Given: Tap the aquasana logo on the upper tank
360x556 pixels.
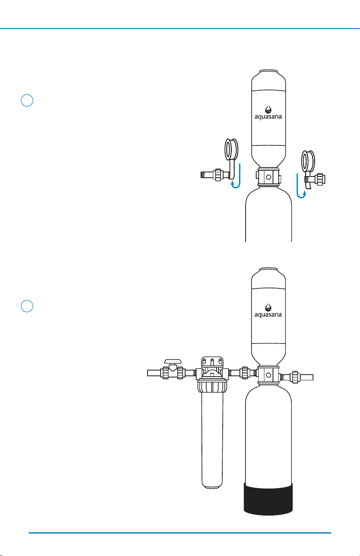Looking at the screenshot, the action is [x=268, y=113].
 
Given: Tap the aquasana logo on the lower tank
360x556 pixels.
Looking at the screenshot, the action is [x=268, y=311].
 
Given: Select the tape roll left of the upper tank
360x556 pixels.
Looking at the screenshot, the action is [x=231, y=150].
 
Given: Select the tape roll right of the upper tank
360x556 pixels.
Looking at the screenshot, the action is [x=308, y=161].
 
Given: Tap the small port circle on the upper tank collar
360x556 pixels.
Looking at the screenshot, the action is [x=268, y=177].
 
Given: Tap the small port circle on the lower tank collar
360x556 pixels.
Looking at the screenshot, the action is [x=268, y=375].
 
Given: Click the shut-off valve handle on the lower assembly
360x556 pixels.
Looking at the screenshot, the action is [x=173, y=362].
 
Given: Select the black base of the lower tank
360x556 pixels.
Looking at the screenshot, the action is [x=268, y=499].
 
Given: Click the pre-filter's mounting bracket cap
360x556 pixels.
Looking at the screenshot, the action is [x=212, y=362].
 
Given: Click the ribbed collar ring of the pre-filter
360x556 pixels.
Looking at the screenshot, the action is [x=212, y=386].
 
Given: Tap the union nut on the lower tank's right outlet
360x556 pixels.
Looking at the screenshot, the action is [x=295, y=377].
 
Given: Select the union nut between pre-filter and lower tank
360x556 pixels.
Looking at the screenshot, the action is [x=245, y=373].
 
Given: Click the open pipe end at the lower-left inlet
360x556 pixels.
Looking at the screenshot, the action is [x=148, y=373].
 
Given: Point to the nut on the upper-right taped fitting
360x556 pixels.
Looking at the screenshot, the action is [x=320, y=179].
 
